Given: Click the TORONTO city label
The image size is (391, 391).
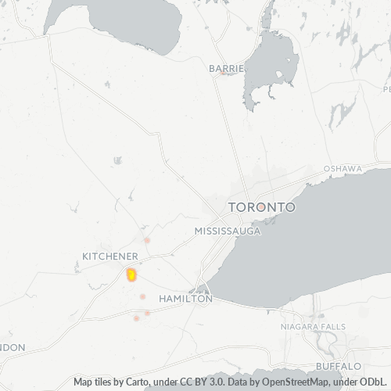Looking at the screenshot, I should click(x=261, y=207).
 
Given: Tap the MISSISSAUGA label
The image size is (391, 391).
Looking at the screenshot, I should click(x=227, y=231).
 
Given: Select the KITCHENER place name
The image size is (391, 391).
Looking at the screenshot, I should click(x=110, y=256).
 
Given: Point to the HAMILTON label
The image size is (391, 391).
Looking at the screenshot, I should click(x=185, y=299).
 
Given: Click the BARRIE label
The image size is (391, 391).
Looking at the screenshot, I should click(x=227, y=69).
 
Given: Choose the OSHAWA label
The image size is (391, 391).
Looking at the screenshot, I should click(x=343, y=169).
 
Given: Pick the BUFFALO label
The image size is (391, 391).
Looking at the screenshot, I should click(x=339, y=366).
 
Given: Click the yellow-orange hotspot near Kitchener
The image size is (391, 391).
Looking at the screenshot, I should click(x=131, y=274).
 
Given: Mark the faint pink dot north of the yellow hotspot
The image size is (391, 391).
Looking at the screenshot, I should click(x=146, y=239).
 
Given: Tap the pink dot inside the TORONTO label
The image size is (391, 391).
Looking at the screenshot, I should click(x=259, y=208).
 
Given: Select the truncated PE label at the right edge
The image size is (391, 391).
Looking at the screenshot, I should click(x=386, y=89).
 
